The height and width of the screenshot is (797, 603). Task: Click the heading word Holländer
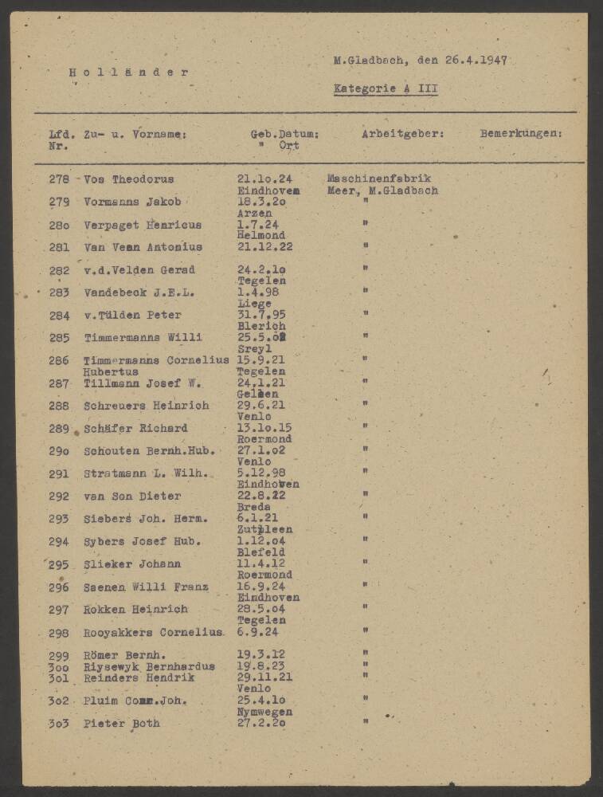[x=128, y=73]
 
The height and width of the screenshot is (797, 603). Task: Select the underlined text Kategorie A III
[x=386, y=88]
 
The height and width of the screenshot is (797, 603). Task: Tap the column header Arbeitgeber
[x=402, y=134]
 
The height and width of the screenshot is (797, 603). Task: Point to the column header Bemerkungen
[x=520, y=134]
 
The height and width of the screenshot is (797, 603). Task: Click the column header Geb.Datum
[x=284, y=134]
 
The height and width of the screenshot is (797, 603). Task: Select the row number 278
[x=59, y=179]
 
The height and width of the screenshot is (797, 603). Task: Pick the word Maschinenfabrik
[x=378, y=179]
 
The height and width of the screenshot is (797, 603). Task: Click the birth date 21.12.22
[x=264, y=247]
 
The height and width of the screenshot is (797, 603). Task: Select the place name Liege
[x=255, y=304]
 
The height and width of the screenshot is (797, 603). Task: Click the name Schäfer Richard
[x=135, y=428]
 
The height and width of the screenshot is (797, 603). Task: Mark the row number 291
[x=59, y=473]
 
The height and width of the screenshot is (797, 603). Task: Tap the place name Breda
[x=254, y=507]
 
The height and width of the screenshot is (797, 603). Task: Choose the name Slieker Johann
[x=131, y=564]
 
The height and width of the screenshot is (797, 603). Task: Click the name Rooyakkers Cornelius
[x=153, y=633]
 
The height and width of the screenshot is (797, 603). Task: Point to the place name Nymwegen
[x=264, y=712]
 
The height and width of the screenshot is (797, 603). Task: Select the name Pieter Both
[x=121, y=724]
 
